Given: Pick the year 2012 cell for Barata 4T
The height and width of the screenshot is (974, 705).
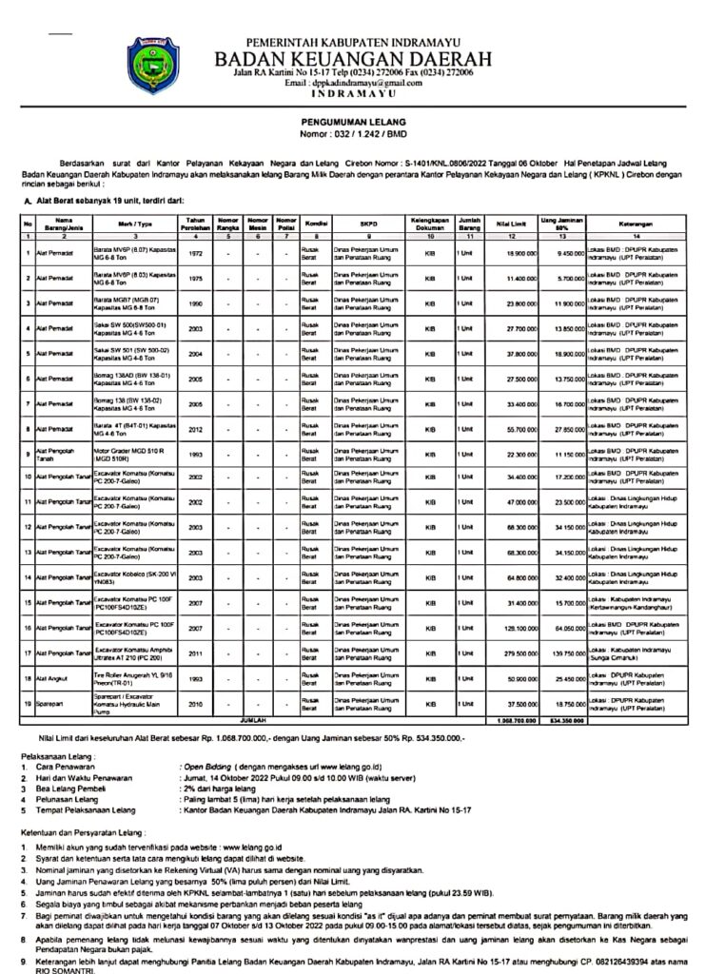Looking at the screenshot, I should pyautogui.click(x=196, y=430).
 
